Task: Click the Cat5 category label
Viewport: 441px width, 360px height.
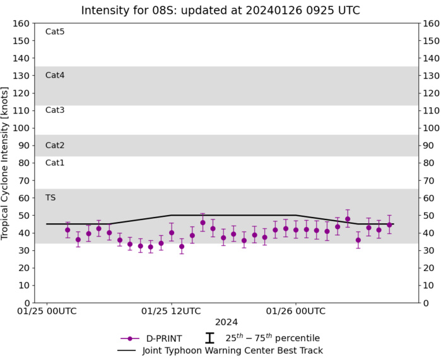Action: click(x=55, y=32)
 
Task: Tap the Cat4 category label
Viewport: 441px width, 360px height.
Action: click(x=55, y=75)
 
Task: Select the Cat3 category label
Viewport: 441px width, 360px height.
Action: click(x=55, y=110)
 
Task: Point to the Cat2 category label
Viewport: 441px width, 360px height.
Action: click(x=55, y=145)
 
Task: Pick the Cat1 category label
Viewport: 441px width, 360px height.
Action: click(x=55, y=163)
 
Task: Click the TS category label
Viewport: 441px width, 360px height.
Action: click(x=50, y=197)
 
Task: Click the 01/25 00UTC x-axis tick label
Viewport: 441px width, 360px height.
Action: click(x=47, y=311)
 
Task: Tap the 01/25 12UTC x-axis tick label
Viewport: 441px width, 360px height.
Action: click(x=171, y=311)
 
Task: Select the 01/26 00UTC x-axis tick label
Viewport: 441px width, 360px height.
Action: click(x=296, y=311)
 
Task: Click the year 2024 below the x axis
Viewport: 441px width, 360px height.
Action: click(x=226, y=322)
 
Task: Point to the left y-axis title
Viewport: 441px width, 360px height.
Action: click(x=6, y=163)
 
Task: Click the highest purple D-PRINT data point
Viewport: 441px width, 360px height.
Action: click(x=348, y=219)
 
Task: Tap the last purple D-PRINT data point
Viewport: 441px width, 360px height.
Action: click(x=389, y=224)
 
